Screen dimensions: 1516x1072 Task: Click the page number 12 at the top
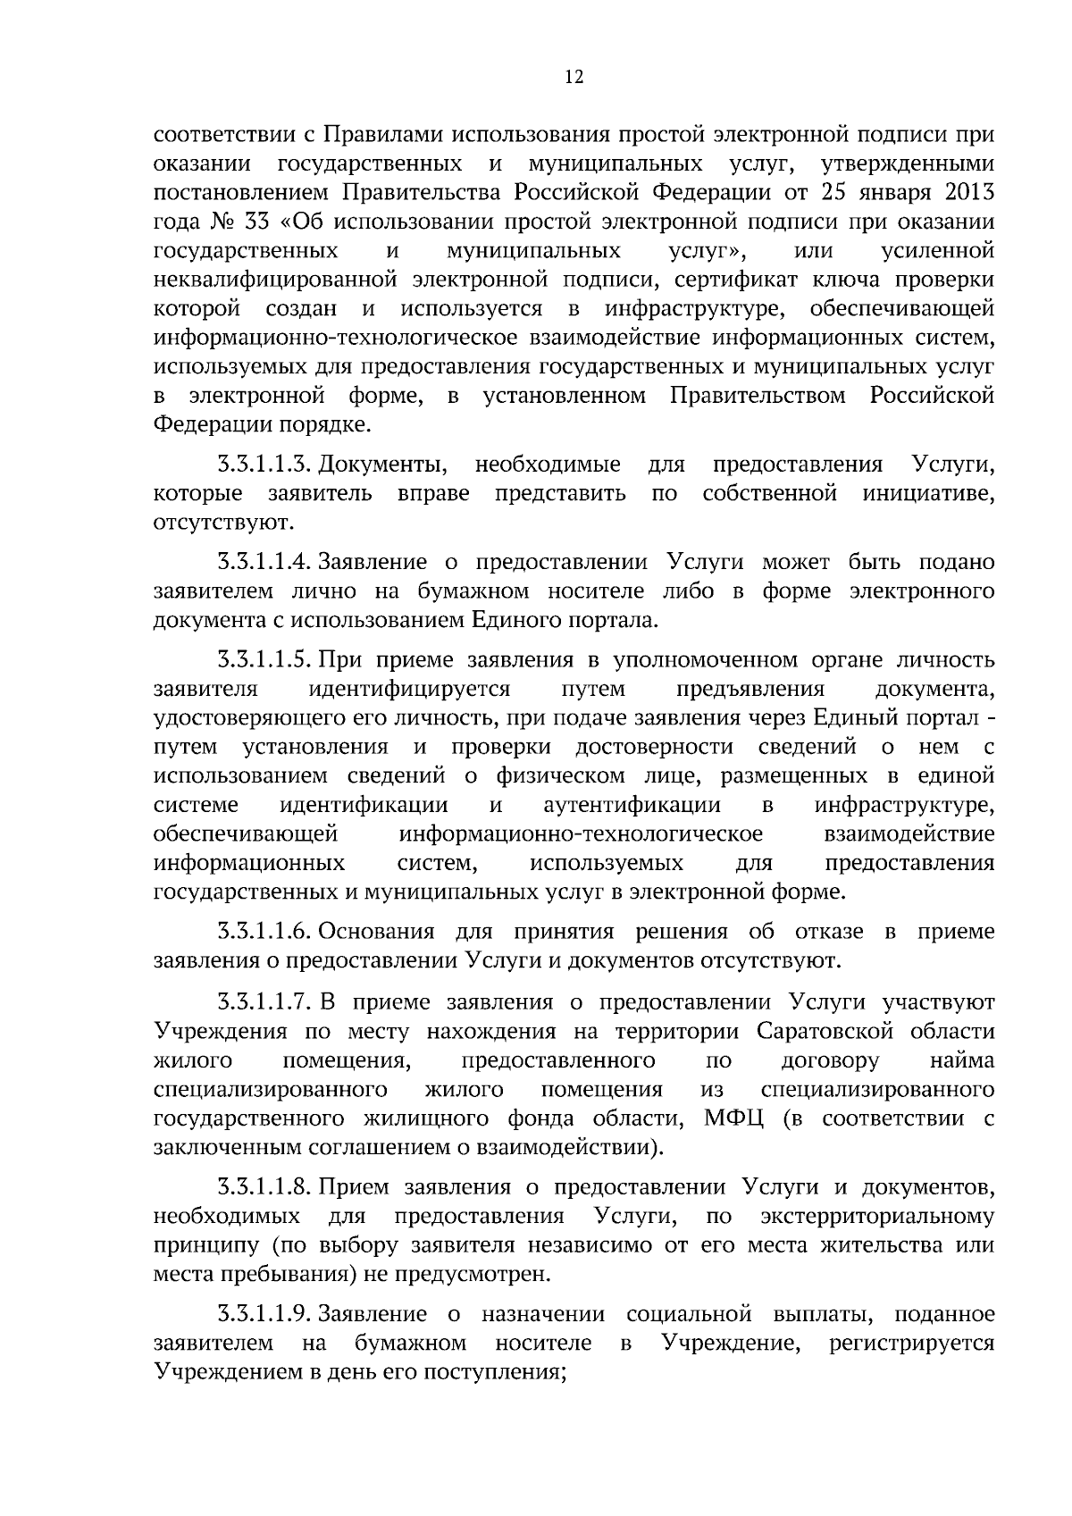coord(574,78)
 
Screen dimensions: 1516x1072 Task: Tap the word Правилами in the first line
coord(380,136)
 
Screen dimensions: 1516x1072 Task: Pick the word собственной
coord(769,493)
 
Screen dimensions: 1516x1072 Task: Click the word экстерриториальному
coord(877,1217)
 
